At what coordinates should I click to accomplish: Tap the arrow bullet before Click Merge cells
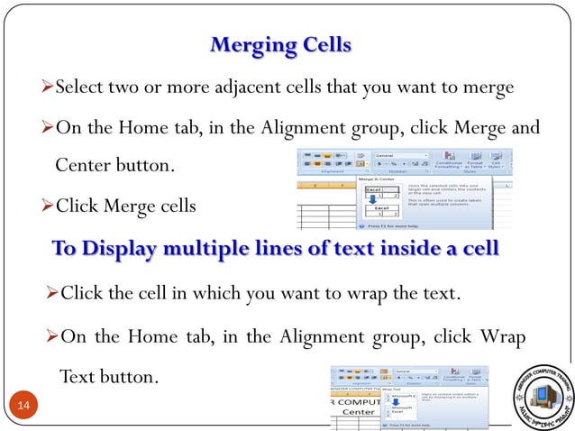click(x=49, y=206)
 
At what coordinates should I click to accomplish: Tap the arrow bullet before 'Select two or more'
click(x=49, y=88)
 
